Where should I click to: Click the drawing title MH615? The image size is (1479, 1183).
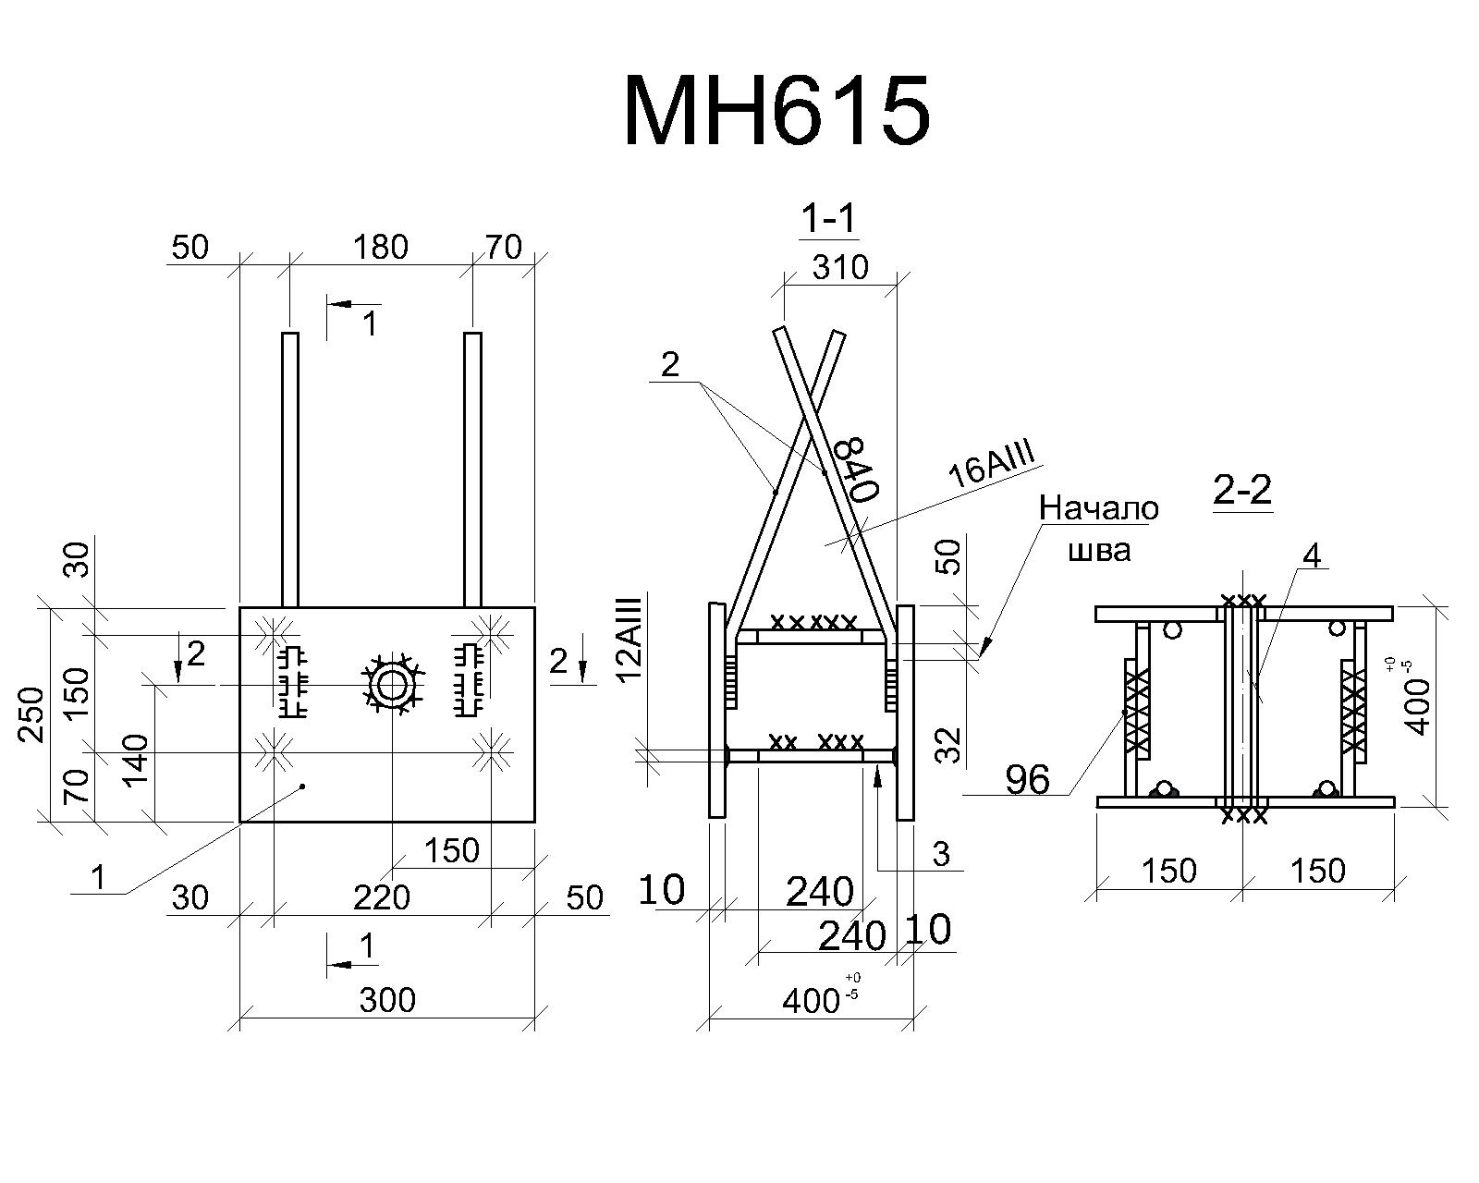[x=776, y=111]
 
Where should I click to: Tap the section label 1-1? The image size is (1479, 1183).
[x=829, y=219]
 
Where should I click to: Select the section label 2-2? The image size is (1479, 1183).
[x=1242, y=490]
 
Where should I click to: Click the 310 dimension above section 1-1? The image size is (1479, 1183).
[x=840, y=267]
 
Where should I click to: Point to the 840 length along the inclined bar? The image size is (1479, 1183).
[x=856, y=468]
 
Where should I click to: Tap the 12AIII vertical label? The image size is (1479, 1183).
[x=630, y=640]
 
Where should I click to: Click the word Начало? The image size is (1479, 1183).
[x=1098, y=508]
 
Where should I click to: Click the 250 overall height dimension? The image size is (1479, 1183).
[x=31, y=714]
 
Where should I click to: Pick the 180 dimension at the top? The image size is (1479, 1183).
[x=380, y=247]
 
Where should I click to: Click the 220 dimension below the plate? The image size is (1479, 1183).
[x=382, y=897]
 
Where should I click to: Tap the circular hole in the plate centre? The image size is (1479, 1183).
[x=391, y=686]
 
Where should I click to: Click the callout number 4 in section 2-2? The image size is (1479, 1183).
[x=1312, y=556]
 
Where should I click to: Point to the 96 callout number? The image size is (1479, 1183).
[x=1028, y=779]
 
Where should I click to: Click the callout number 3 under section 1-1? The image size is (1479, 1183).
[x=941, y=854]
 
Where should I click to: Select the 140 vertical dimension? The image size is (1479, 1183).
[x=137, y=761]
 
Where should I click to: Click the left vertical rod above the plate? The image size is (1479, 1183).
[x=290, y=470]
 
